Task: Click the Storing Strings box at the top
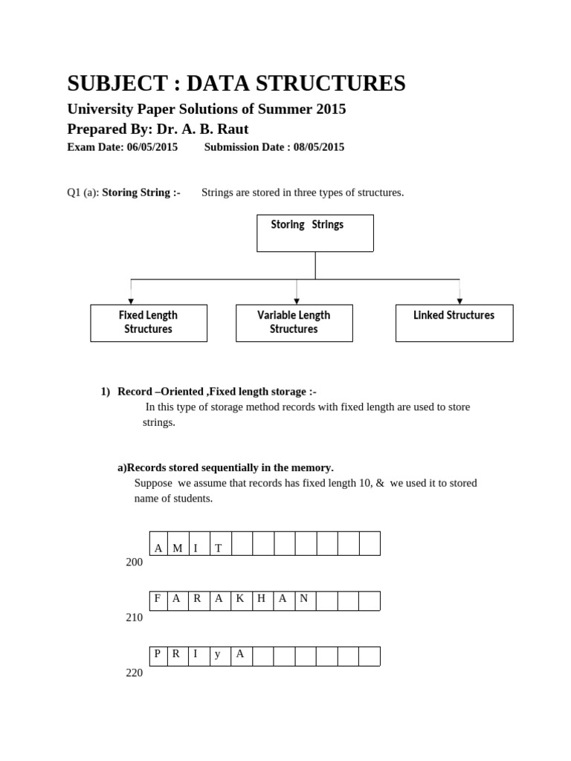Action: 315,233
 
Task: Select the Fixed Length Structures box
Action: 149,323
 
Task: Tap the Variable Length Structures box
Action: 294,323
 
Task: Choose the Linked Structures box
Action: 454,323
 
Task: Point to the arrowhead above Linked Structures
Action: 459,301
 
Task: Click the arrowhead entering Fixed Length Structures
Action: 131,301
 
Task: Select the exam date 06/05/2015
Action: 152,147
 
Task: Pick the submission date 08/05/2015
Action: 318,147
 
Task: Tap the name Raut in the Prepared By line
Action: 233,129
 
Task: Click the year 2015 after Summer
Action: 331,109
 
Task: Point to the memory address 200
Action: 135,563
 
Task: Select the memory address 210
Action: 135,618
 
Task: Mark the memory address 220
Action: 135,673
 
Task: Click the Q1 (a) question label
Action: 83,192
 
